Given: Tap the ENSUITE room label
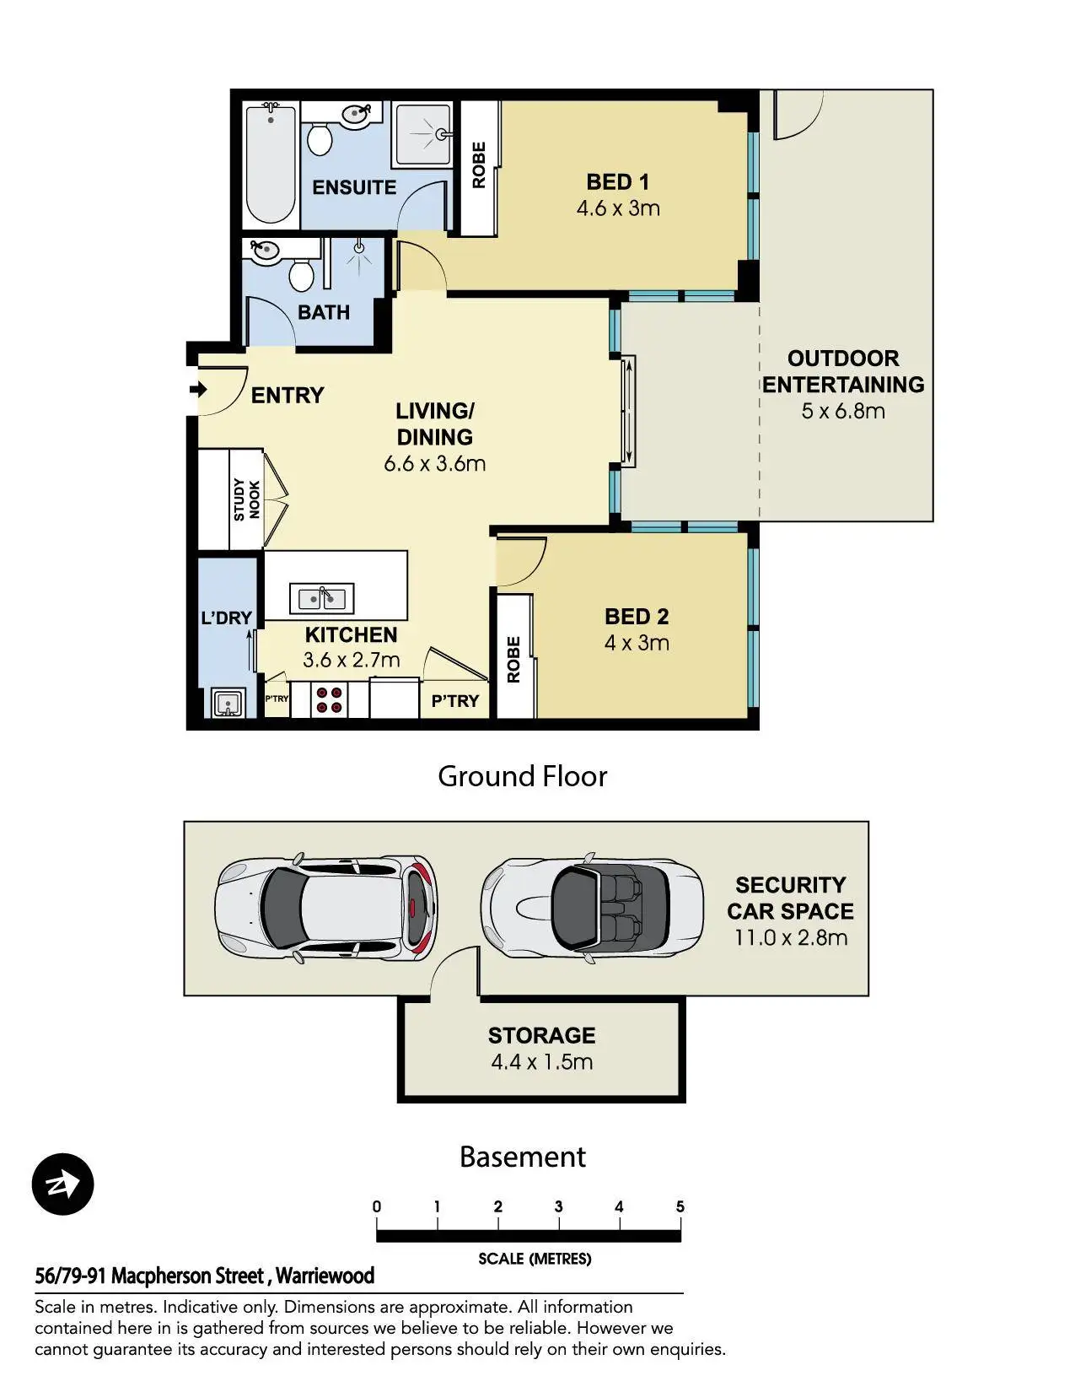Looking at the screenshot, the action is (354, 187).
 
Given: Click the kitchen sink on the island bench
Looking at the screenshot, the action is (321, 597).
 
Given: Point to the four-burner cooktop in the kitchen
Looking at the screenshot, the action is (329, 699).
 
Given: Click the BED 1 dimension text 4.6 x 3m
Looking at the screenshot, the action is (618, 208).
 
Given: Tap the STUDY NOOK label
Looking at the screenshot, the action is (246, 499).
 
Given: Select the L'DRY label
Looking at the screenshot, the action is (226, 618).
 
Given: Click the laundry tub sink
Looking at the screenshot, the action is (228, 703).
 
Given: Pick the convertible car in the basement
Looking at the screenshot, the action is (592, 908).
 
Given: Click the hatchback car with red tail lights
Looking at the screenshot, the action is (326, 908).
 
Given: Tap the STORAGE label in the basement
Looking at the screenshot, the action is (541, 1035).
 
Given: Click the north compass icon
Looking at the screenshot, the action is (62, 1184).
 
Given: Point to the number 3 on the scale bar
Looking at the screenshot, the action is (558, 1207).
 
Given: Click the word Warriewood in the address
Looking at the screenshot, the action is (325, 1276).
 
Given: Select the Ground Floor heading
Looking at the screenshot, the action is (523, 776).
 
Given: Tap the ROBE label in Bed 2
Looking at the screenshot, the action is (514, 660).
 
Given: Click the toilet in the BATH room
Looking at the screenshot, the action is (302, 275).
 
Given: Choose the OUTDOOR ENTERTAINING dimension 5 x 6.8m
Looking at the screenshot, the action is (843, 411).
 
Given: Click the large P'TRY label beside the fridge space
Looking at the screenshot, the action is (455, 701).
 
